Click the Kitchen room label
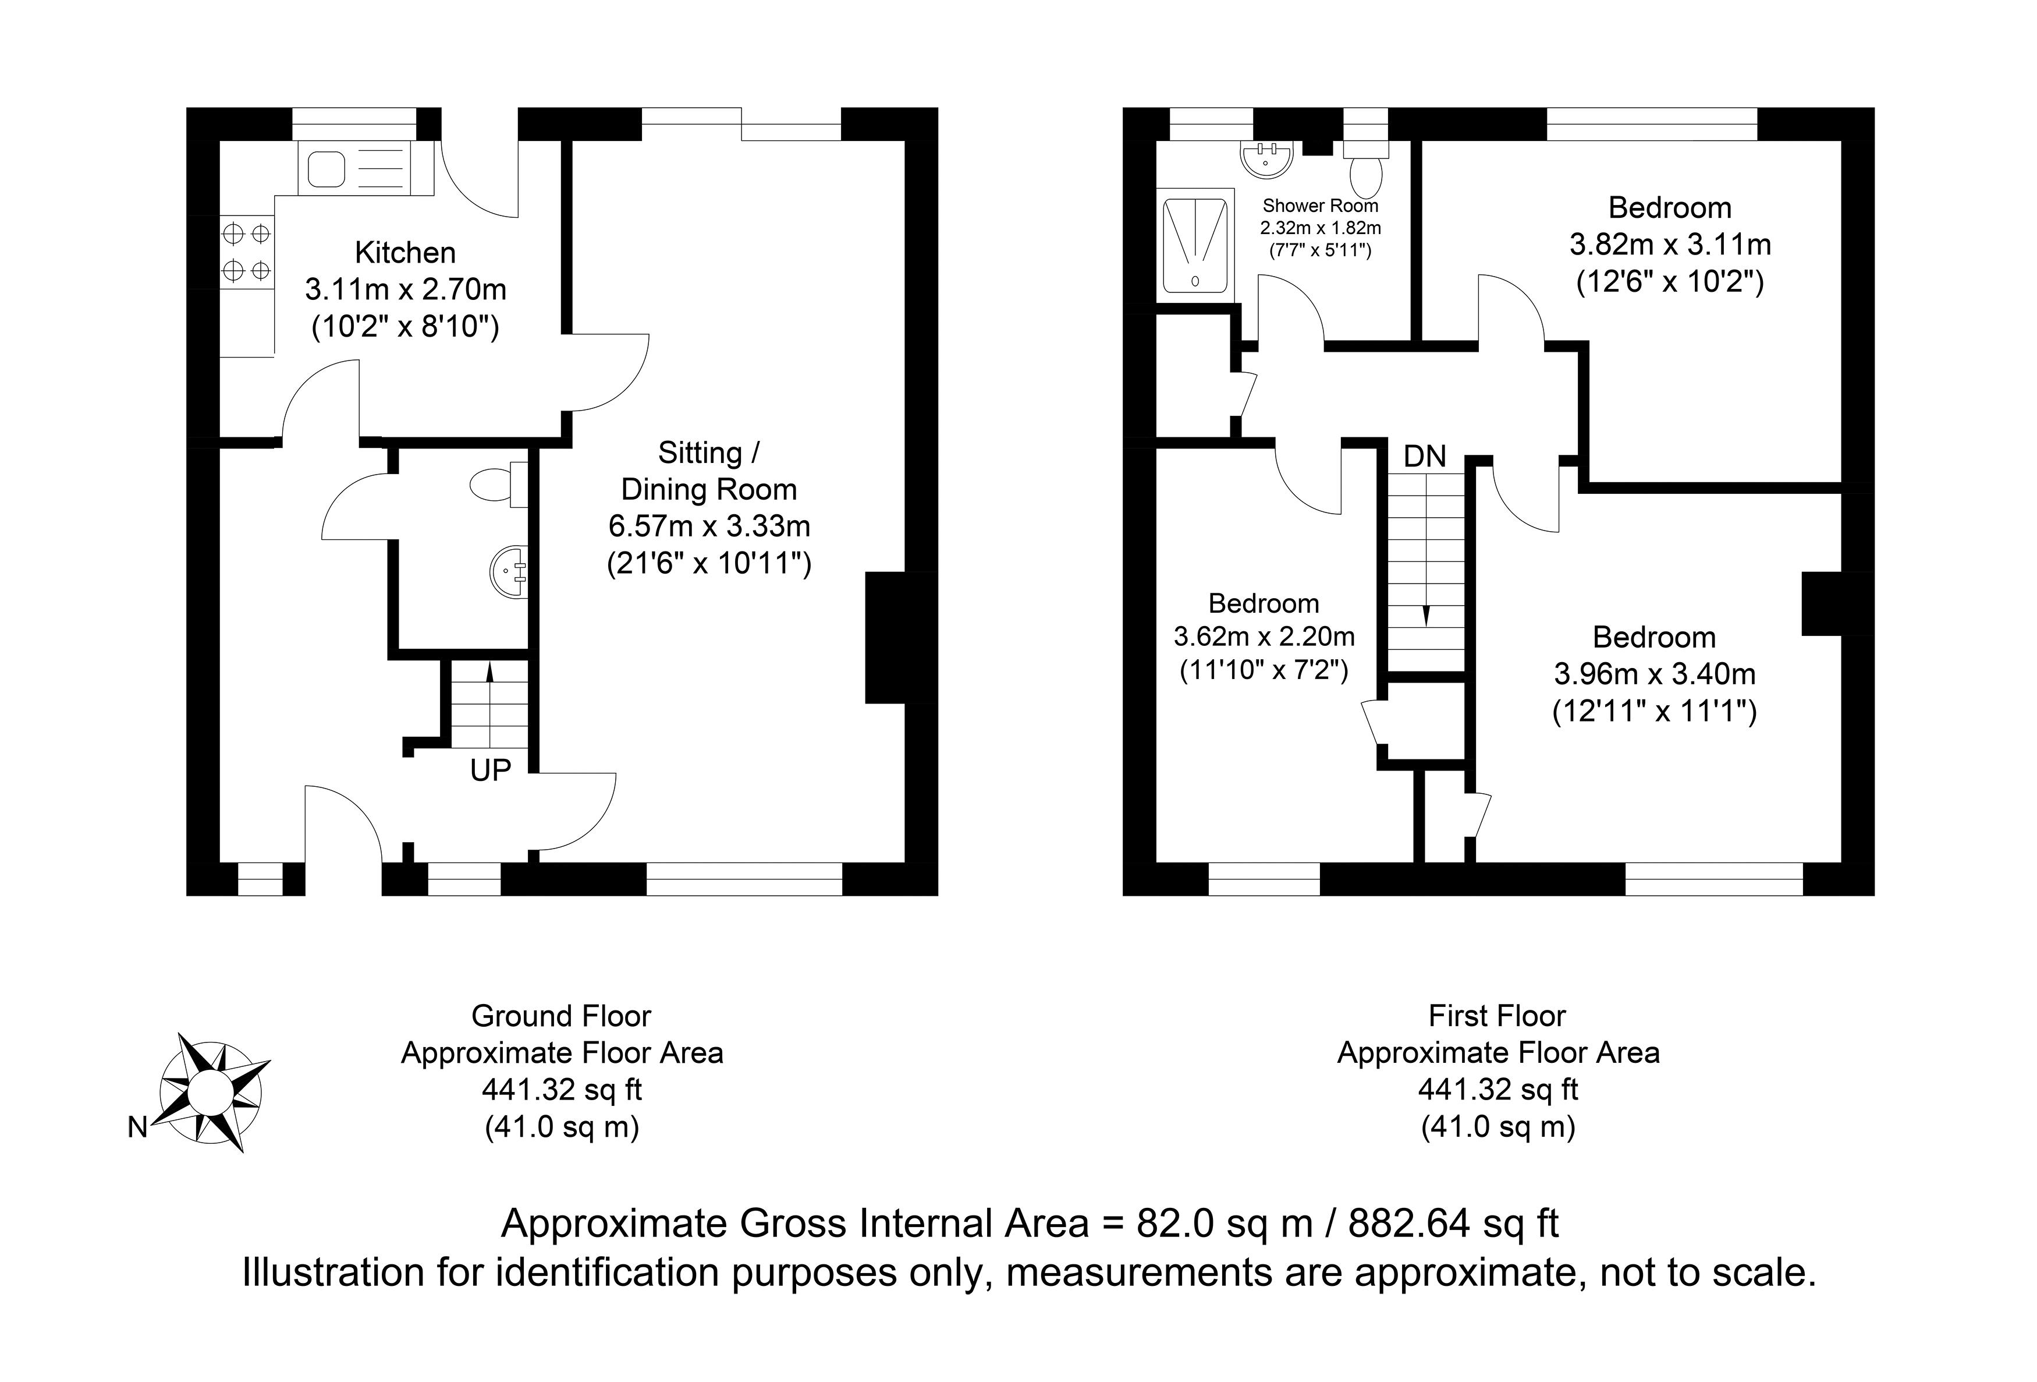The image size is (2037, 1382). [405, 253]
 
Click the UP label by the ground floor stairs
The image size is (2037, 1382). [490, 770]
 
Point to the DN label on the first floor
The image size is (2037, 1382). [1424, 456]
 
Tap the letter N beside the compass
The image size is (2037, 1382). [137, 1127]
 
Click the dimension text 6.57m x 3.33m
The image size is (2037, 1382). [709, 526]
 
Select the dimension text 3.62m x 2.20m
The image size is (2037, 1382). [1264, 636]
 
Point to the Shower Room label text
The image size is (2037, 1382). [1320, 206]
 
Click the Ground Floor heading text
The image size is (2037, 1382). [561, 1016]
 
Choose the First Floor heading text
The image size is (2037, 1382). [1497, 1016]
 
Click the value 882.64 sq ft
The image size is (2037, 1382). [1453, 1223]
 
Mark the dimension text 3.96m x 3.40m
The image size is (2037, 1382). [1655, 673]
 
